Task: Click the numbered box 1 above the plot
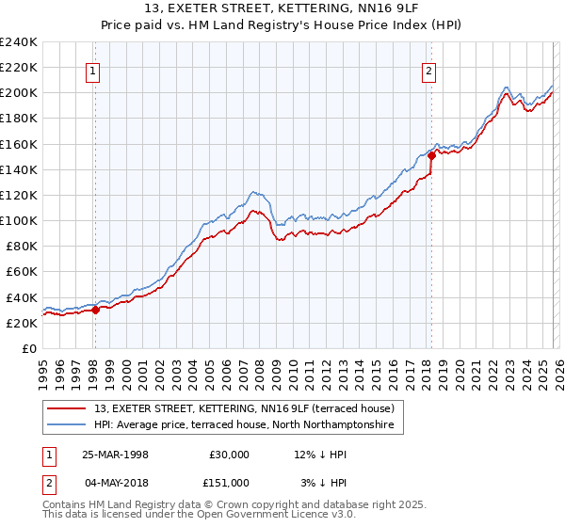pyautogui.click(x=94, y=70)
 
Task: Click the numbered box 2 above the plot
pyautogui.click(x=428, y=70)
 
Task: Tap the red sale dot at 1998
pyautogui.click(x=96, y=310)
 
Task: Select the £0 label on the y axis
pyautogui.click(x=28, y=348)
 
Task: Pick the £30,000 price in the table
pyautogui.click(x=229, y=455)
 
